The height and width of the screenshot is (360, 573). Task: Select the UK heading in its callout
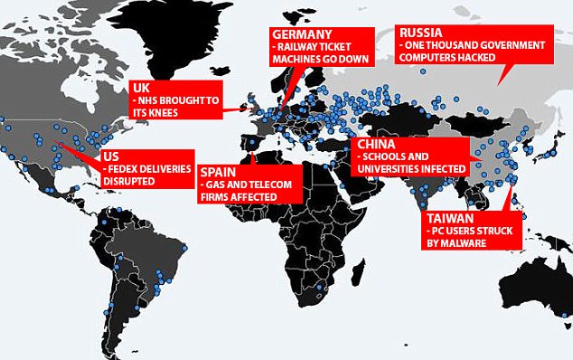point(140,88)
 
